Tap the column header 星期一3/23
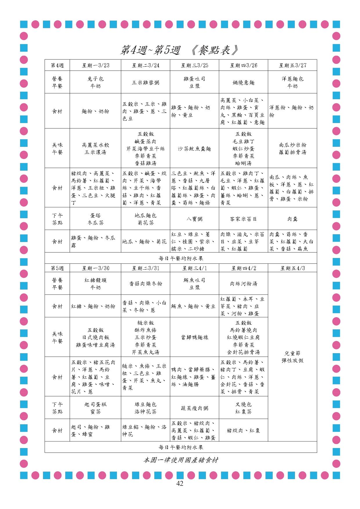[x=95, y=65]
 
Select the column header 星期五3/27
[x=292, y=65]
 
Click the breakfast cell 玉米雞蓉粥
[x=146, y=83]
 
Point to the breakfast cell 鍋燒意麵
[x=243, y=83]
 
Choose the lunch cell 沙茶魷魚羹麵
[x=194, y=149]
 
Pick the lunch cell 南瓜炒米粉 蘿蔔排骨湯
[x=292, y=149]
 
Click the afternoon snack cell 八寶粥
[x=194, y=219]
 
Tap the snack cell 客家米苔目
[x=243, y=219]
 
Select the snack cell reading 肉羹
[x=292, y=219]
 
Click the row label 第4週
[x=57, y=65]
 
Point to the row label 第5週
[x=57, y=268]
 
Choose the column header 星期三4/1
[x=194, y=268]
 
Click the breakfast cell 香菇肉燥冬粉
[x=146, y=284]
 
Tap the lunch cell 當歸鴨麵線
[x=194, y=337]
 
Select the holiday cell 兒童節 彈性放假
[x=292, y=357]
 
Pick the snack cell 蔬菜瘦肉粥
[x=194, y=408]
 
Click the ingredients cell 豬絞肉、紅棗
[x=243, y=431]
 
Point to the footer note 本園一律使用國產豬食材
[x=181, y=460]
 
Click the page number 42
[x=180, y=483]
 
